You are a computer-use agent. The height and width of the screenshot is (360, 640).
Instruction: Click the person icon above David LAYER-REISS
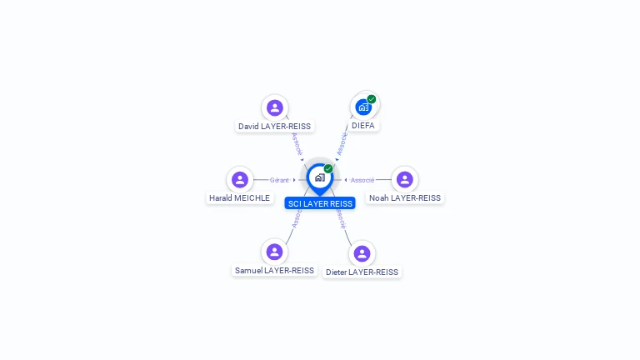[274, 107]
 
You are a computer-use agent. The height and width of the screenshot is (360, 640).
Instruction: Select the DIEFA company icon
[362, 107]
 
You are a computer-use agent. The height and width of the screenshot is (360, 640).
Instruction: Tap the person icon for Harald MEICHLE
[240, 179]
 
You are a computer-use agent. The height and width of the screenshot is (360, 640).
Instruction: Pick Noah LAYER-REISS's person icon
[404, 179]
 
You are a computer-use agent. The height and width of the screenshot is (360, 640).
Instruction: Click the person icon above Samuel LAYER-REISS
[274, 252]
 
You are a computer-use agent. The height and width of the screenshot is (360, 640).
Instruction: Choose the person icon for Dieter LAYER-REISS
[362, 253]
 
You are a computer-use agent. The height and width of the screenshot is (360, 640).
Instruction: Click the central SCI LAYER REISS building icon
[319, 177]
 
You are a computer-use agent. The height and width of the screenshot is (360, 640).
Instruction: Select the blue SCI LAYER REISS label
[320, 203]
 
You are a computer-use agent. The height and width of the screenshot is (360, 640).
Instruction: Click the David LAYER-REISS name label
[274, 127]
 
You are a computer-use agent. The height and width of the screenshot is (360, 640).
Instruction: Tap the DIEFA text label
[362, 126]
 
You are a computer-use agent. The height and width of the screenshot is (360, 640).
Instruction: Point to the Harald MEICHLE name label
[239, 198]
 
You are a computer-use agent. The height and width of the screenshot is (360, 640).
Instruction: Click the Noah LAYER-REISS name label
[404, 198]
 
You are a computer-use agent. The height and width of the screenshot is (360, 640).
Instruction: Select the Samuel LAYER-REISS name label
[274, 271]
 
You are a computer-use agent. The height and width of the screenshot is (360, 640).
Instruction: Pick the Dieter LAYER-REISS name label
[362, 272]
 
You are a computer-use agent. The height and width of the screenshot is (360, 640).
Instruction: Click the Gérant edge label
[279, 180]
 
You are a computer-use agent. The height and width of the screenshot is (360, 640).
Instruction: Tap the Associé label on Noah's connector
[362, 180]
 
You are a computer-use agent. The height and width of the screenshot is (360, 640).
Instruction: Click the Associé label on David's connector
[296, 143]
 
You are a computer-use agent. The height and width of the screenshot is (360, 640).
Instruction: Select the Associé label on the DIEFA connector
[342, 143]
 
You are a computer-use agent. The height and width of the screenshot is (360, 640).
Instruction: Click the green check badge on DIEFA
[372, 99]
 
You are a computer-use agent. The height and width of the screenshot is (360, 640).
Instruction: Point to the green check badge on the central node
[328, 169]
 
